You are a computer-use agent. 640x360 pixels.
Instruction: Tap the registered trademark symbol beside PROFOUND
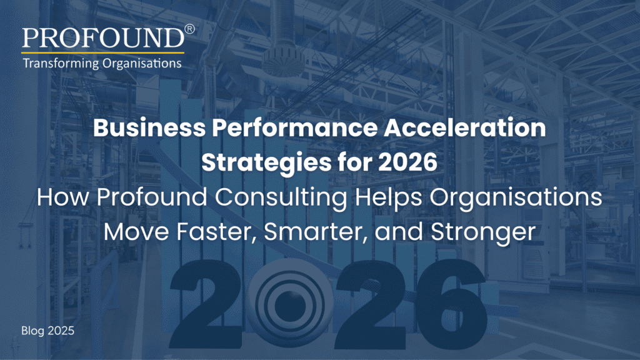[190, 29]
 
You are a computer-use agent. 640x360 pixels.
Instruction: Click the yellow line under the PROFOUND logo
[103, 52]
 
